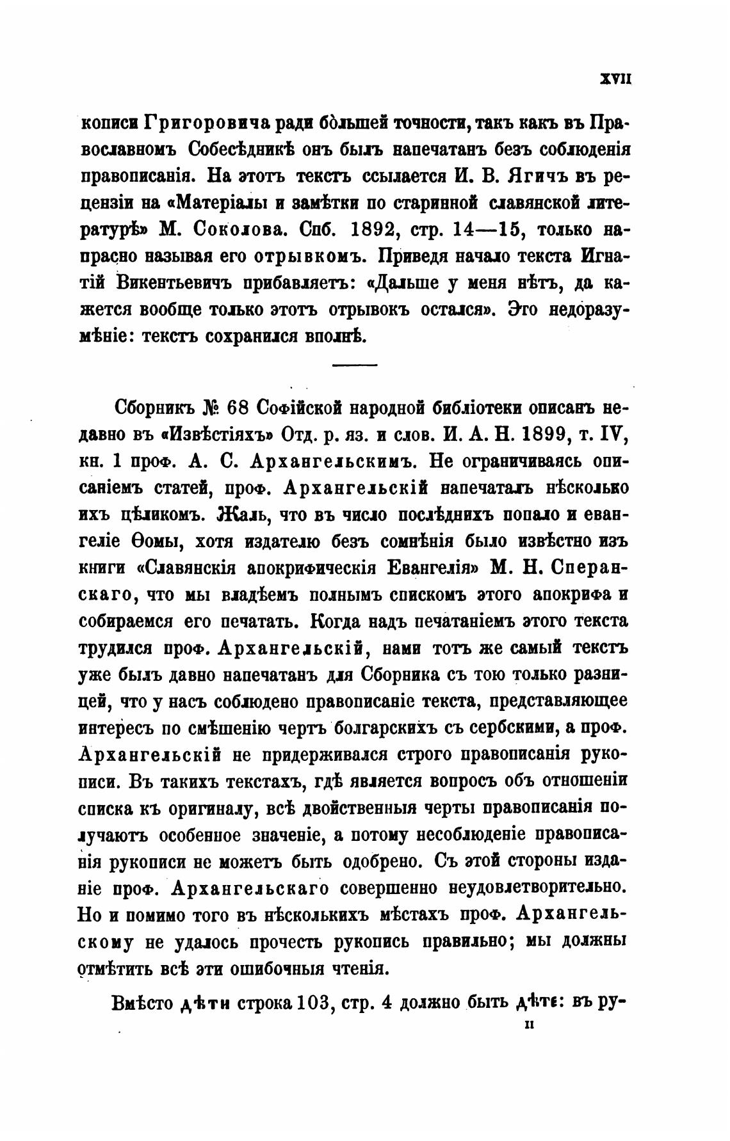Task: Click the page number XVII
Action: click(x=615, y=79)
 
